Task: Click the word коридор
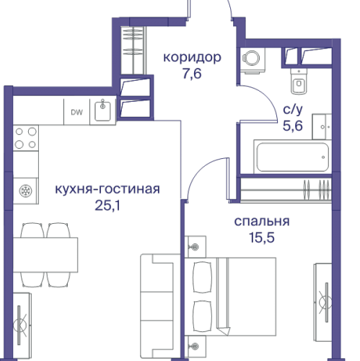(191, 57)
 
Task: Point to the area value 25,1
(107, 205)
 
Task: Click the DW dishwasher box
(76, 111)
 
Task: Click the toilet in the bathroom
(299, 82)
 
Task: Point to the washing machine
(253, 61)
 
